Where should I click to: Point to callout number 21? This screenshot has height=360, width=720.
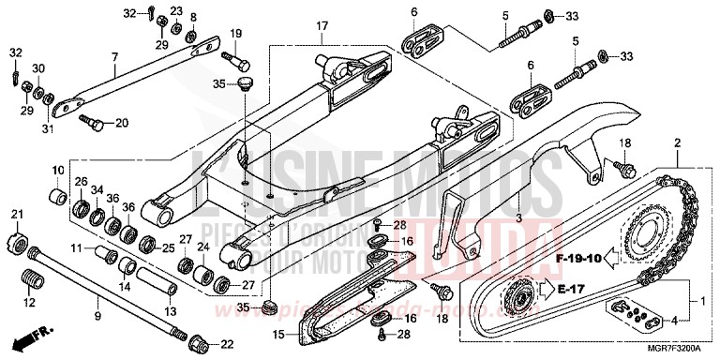[16, 217]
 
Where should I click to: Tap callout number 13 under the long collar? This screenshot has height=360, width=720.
[170, 311]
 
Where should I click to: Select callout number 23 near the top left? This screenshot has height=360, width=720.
[176, 10]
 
